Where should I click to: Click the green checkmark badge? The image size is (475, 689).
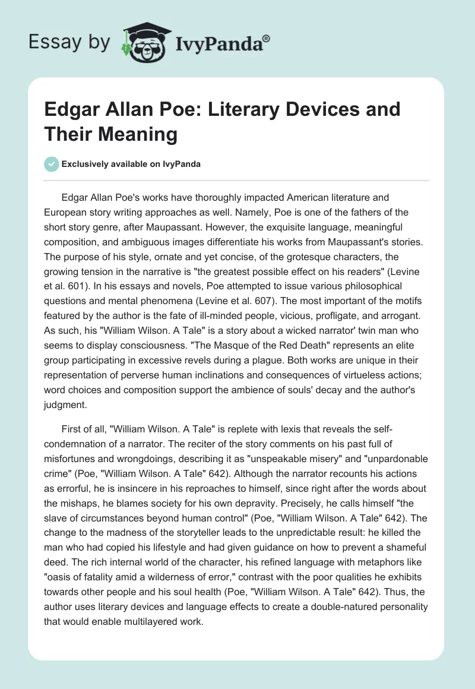click(x=52, y=164)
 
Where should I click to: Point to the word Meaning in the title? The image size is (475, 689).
click(x=148, y=134)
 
